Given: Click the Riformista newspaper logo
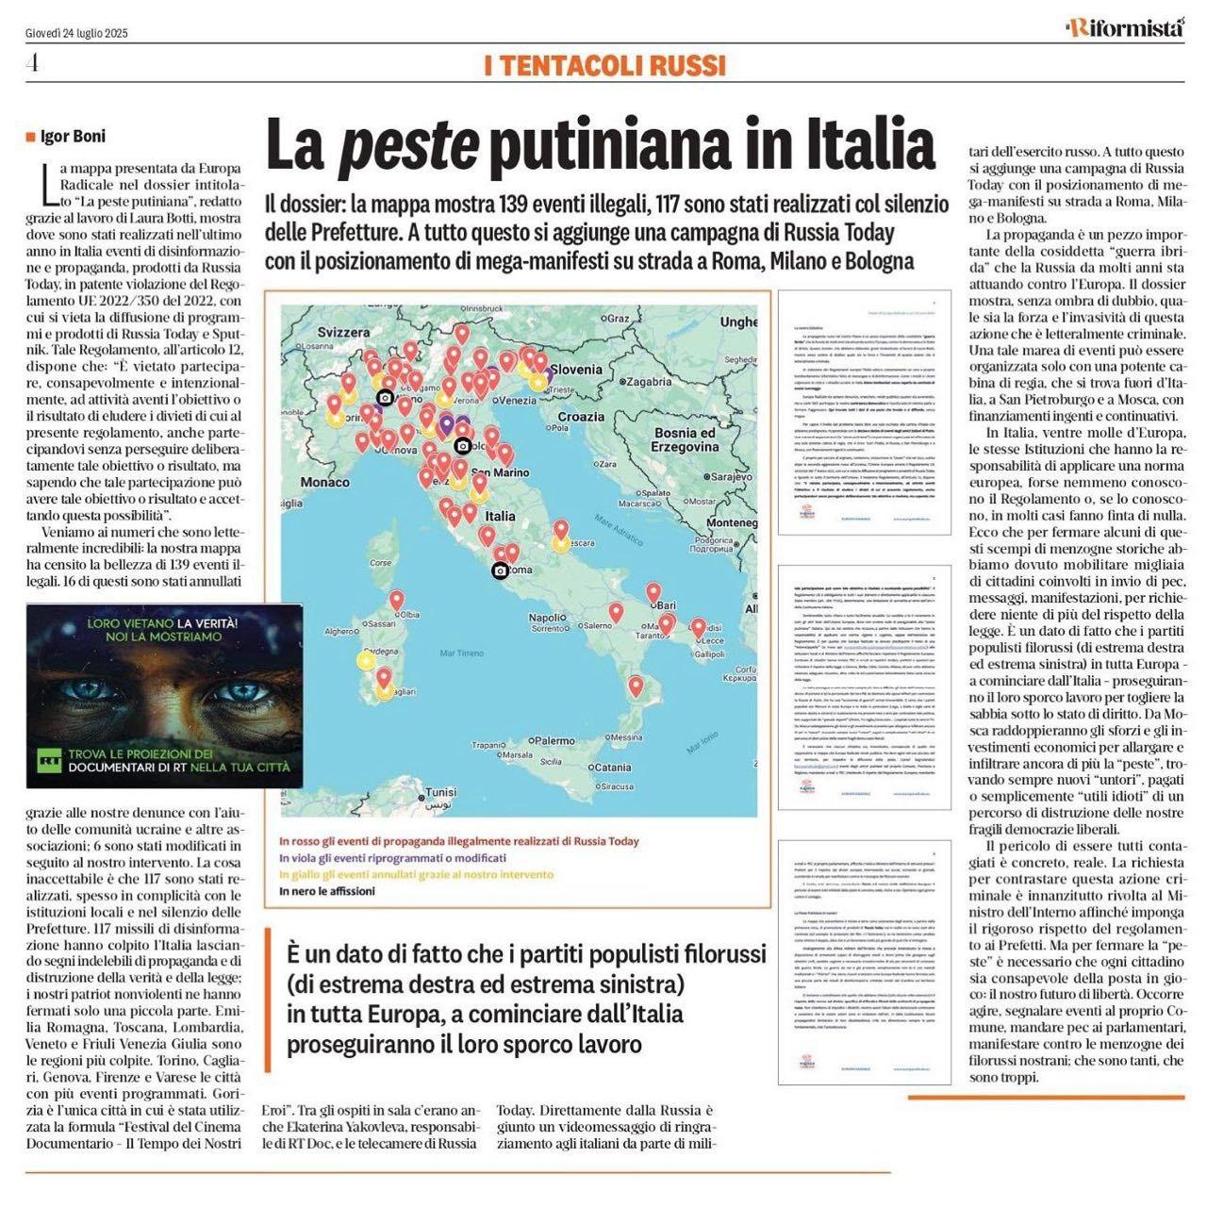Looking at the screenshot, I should [1124, 28].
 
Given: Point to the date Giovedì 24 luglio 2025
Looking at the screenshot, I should [76, 33].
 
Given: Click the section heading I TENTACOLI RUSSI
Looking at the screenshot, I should [604, 65].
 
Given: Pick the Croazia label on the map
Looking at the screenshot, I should [581, 416].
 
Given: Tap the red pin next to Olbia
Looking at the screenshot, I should [397, 600].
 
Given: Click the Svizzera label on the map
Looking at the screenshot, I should [343, 332].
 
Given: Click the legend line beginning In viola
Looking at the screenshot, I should [392, 858].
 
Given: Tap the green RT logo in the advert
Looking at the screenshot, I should [47, 758].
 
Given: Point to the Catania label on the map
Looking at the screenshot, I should [613, 767].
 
